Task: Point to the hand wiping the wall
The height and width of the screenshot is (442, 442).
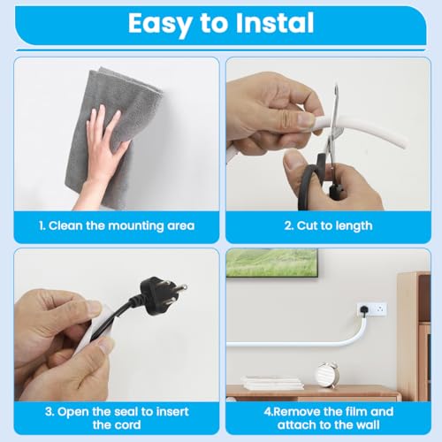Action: coord(104,150)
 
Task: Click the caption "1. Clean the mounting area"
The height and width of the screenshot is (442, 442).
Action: coord(116,226)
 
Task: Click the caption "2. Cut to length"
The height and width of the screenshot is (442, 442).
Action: coord(328,226)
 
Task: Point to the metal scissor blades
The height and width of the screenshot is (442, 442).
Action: coord(331,110)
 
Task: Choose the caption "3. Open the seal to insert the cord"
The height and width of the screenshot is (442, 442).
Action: coord(116,417)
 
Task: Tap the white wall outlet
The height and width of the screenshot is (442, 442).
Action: coord(372,310)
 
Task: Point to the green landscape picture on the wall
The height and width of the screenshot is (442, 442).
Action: coord(272,263)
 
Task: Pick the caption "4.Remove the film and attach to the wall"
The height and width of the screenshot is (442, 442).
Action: coord(328,417)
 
